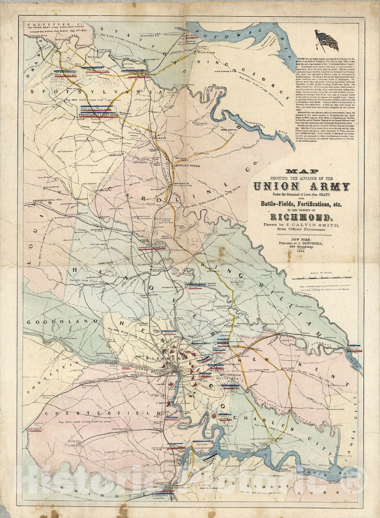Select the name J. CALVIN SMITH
point(307,225)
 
